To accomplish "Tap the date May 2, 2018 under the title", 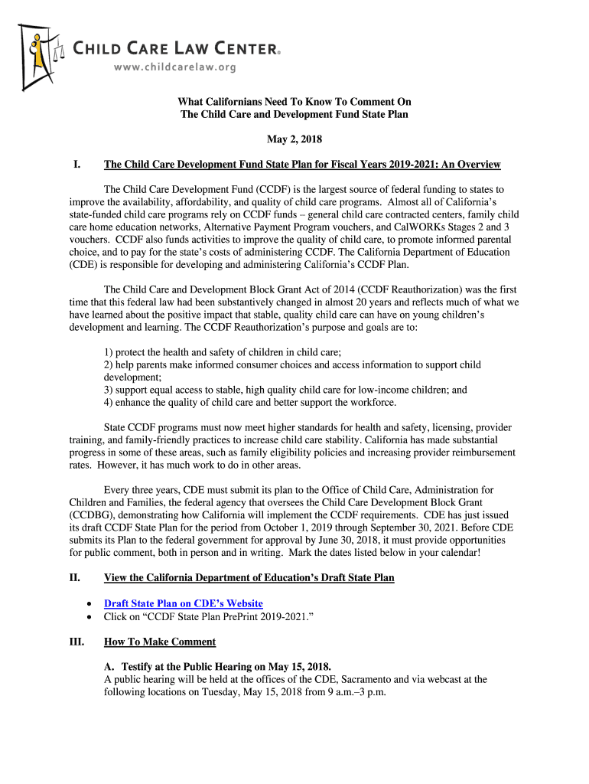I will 294,139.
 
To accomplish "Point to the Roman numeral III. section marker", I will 76,642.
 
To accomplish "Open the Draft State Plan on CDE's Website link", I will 183,603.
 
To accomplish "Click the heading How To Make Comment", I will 160,642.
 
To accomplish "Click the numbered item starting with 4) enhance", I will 250,402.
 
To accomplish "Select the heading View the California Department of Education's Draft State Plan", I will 249,577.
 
